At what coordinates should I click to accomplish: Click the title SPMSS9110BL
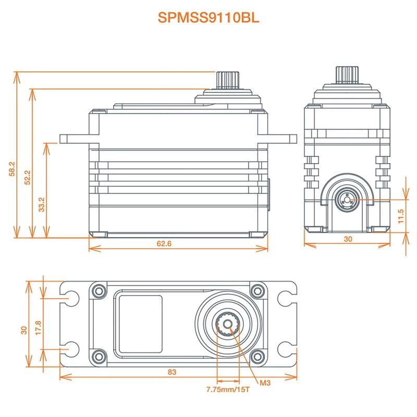pos(208,18)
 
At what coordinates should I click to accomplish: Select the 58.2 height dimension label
pos(12,169)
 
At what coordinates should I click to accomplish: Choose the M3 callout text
pos(266,383)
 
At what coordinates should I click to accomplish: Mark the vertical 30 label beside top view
pos(23,331)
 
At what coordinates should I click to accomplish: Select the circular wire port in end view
pos(346,199)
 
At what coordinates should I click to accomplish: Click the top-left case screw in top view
pos(97,290)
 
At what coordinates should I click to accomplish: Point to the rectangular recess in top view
pos(139,323)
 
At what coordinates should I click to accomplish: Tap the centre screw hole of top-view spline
pos(227,324)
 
